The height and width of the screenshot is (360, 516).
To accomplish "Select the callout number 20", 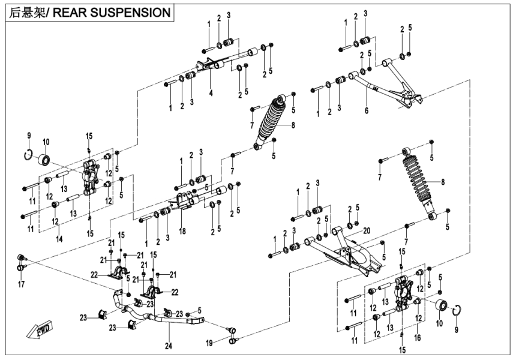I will point(367,230).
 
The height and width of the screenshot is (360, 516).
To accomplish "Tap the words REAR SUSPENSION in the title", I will point(108,11).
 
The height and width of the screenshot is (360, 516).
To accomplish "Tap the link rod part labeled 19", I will point(233,335).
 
